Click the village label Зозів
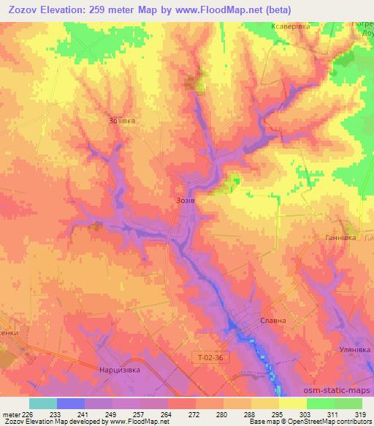click(185, 198)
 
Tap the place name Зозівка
click(122, 121)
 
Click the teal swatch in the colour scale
click(43, 403)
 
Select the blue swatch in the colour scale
click(71, 403)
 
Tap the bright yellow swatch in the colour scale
click(292, 403)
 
